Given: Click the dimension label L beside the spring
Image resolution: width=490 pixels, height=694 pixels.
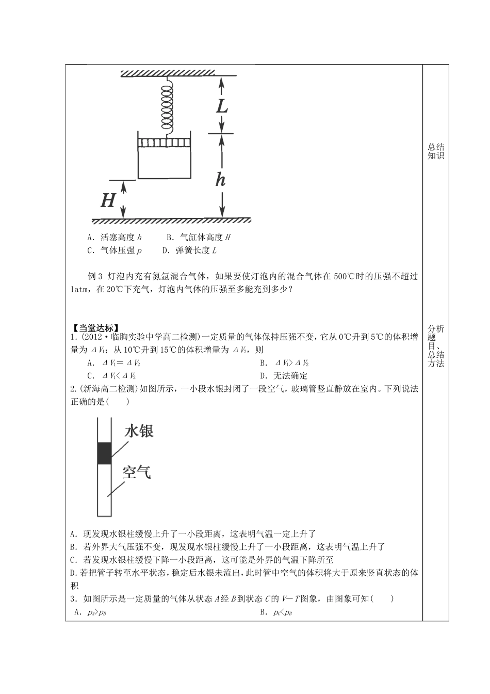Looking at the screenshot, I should pos(221,106).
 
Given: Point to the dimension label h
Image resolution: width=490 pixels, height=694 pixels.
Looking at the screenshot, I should pos(220,179).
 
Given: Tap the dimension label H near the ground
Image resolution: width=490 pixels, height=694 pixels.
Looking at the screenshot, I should pos(107,200).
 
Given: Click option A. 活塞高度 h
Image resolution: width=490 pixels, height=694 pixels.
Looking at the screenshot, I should pos(115,238).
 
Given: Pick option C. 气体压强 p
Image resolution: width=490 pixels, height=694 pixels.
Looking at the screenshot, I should pos(115,250).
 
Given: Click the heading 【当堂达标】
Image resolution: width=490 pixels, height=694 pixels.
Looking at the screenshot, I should pos(95,327).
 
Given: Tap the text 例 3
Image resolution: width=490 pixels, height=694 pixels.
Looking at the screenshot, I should pos(96,276).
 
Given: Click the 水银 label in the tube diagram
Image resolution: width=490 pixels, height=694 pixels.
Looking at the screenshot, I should pos(139,431).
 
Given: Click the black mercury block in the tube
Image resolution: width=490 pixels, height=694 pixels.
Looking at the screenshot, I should pos(104,453).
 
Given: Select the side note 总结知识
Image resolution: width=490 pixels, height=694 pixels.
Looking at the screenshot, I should pos(436,151).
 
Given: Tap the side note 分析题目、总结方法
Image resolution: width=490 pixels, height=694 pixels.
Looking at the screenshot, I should pos(436,346).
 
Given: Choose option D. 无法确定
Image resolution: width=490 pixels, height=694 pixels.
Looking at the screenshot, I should pos(284,376).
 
